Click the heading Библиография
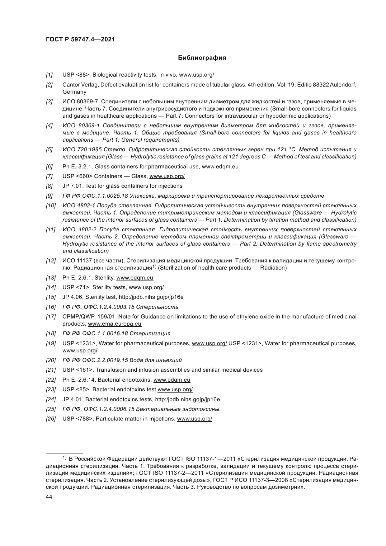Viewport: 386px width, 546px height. [202, 58]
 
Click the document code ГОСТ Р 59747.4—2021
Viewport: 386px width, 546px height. [80, 40]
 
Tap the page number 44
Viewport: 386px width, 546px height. [49, 497]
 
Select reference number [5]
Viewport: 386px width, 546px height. [49, 150]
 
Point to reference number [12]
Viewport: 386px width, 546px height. [50, 261]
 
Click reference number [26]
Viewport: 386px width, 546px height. [50, 419]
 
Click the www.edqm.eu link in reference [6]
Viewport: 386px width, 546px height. [220, 167]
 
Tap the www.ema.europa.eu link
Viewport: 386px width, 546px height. [115, 324]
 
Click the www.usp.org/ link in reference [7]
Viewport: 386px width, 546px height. [167, 177]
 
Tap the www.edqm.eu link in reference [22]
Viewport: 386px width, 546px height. [172, 380]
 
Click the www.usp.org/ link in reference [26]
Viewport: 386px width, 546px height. [195, 419]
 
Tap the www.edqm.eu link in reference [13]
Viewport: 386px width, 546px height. [134, 278]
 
